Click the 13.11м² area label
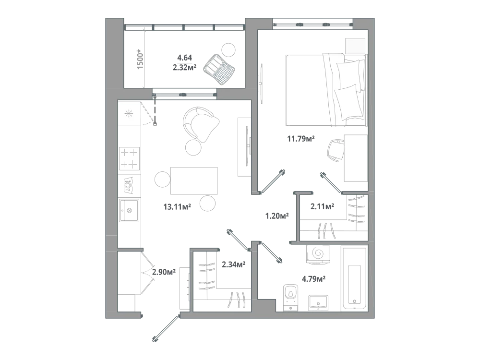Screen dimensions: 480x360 [x=177, y=206]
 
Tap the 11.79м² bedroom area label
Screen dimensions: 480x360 [x=301, y=139]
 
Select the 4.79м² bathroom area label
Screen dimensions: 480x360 [x=313, y=279]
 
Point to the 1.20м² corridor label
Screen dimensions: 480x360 [x=277, y=216]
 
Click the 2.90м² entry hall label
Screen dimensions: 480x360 [x=164, y=272]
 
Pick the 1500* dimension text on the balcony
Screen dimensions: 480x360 [x=140, y=59]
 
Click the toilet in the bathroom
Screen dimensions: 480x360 [x=290, y=297]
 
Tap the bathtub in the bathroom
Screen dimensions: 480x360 [x=355, y=278]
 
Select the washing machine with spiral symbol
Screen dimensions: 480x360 [x=318, y=254]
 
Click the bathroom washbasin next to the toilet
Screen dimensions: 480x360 [x=318, y=303]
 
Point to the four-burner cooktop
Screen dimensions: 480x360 [x=129, y=158]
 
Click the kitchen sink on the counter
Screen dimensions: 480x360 [x=129, y=210]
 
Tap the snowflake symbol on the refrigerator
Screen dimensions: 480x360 [x=129, y=114]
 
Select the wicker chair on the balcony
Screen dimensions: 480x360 [x=219, y=68]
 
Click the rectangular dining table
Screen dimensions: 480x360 [x=194, y=181]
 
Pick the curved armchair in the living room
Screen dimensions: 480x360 [x=201, y=124]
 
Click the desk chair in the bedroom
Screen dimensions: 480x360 [x=336, y=150]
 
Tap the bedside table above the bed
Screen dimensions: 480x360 [x=355, y=46]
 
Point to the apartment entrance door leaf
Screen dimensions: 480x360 [x=165, y=328]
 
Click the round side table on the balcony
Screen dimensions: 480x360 [x=228, y=49]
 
